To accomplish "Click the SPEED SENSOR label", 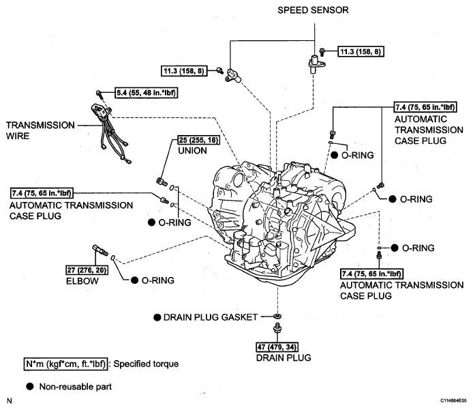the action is point(313,10).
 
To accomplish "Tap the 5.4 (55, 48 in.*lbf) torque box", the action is point(146,93).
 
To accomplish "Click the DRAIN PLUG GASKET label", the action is point(210,317).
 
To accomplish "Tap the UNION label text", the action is point(192,151).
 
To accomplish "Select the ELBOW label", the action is point(82,281).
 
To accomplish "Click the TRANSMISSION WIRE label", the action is point(40,130).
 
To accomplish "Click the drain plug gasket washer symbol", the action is point(277,316).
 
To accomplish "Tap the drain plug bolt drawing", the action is point(277,328).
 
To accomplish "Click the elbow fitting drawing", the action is point(100,250).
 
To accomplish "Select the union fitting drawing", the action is point(162,181).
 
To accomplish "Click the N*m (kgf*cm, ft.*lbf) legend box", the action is point(65,364).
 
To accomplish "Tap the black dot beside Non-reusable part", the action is point(30,386).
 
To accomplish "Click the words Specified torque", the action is point(146,364).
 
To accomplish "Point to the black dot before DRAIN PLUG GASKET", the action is point(157,317).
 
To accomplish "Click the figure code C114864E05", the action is point(453,400).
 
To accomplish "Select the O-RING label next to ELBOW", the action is point(157,280).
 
